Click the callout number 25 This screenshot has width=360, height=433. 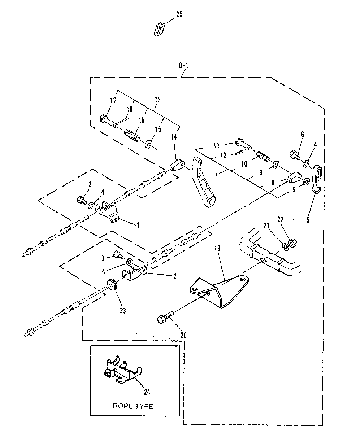(179, 14)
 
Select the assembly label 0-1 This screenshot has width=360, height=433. (184, 66)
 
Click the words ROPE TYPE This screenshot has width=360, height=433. (133, 406)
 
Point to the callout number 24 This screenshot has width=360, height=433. (147, 392)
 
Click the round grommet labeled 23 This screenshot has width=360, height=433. (112, 285)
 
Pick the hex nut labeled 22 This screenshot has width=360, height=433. (293, 242)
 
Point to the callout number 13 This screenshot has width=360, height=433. (158, 100)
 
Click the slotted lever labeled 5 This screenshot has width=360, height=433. (317, 179)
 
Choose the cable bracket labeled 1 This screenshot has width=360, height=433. (108, 213)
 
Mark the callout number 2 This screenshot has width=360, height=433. (175, 276)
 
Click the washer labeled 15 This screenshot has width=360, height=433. (148, 144)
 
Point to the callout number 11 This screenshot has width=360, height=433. (216, 146)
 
